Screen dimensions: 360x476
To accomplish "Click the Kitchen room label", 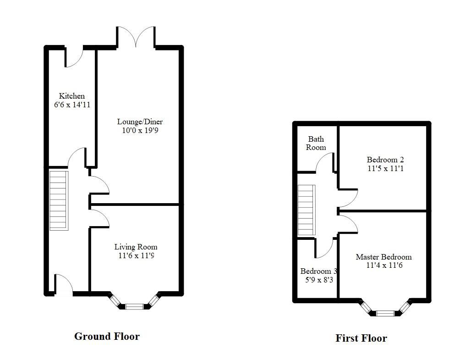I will click(x=71, y=96).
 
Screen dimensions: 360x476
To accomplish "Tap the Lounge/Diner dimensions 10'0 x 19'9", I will click(x=140, y=130).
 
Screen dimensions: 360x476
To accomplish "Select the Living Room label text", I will click(x=136, y=247).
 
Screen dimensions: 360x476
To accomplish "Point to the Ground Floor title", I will click(x=107, y=336).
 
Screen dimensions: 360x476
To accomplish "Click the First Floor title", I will click(x=361, y=338).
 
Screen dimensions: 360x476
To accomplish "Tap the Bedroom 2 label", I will click(x=385, y=160).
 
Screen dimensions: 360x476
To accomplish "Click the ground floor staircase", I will click(x=59, y=200).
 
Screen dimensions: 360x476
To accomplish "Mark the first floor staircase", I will click(x=307, y=210).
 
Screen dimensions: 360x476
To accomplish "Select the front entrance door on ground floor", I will click(x=63, y=284).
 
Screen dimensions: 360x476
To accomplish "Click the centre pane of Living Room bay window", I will click(x=134, y=306).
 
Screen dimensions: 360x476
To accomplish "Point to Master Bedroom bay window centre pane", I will click(x=385, y=313).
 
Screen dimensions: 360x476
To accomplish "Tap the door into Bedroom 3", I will click(x=324, y=248).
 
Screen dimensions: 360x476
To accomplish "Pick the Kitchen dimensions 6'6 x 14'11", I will click(x=71, y=105).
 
